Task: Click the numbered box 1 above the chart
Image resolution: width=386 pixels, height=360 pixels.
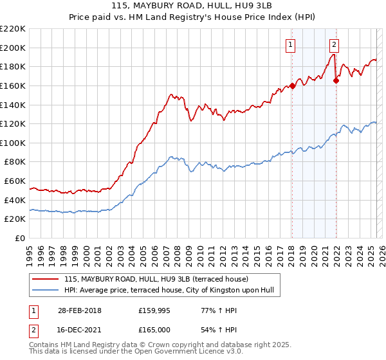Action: [x=291, y=44]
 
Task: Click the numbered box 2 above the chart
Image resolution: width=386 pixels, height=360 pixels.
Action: [x=335, y=44]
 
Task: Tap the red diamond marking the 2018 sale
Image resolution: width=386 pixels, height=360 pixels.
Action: [x=292, y=85]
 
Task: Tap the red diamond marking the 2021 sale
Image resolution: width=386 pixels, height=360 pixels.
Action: [x=336, y=81]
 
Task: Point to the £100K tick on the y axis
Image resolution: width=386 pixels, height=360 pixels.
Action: [x=14, y=143]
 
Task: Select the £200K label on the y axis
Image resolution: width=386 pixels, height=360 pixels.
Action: [x=14, y=48]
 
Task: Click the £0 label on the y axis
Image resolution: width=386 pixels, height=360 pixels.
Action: [x=21, y=239]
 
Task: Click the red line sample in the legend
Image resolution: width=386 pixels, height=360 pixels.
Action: [x=46, y=279]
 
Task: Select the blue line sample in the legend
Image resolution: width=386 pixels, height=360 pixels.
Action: [x=46, y=291]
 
